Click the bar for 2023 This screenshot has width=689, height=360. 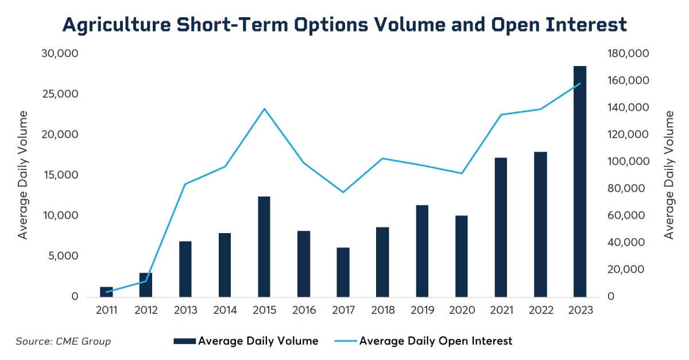[x=580, y=181]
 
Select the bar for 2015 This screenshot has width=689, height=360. [x=264, y=247]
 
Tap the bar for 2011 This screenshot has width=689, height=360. [x=107, y=292]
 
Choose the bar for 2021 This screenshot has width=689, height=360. [x=501, y=227]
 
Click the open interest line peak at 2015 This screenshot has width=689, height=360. [x=264, y=109]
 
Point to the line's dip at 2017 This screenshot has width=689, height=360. [x=343, y=192]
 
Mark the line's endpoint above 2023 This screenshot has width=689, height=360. [x=580, y=83]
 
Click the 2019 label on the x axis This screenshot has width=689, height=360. [x=422, y=310]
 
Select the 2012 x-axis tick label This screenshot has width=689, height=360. [x=146, y=310]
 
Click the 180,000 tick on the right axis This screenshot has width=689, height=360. [x=629, y=53]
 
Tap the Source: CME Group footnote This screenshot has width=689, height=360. [x=63, y=342]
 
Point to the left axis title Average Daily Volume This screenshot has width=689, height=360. [x=23, y=176]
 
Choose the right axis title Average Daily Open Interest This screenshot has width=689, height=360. [x=669, y=176]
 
